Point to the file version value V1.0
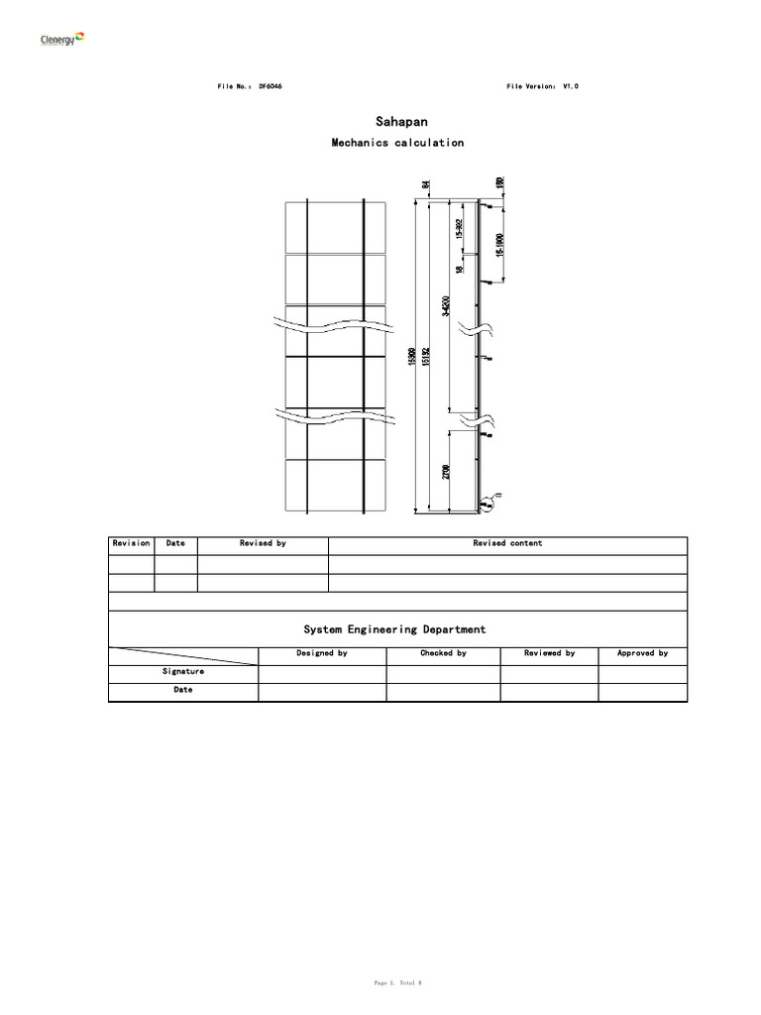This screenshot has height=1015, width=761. (570, 87)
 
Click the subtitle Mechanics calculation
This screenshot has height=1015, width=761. (396, 143)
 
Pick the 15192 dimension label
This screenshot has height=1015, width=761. (425, 358)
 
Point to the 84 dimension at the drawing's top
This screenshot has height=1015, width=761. (426, 185)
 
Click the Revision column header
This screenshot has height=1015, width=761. (131, 543)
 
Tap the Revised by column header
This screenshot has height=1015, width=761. (263, 543)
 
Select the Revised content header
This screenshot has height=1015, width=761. (507, 543)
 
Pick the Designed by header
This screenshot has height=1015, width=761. (322, 653)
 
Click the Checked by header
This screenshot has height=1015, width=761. (443, 653)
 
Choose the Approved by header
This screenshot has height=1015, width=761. (642, 653)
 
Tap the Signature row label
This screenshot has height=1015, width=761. (183, 672)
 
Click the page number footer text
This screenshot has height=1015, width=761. (397, 982)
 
